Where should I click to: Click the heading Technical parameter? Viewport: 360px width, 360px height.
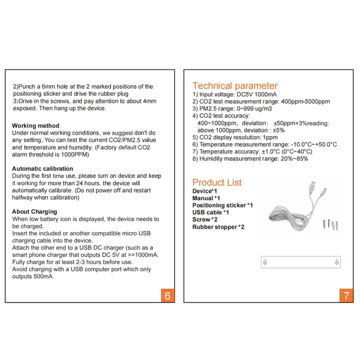coord(235,85)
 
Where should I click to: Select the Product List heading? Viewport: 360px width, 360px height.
coord(217,182)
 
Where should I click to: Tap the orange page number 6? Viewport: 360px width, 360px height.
coord(167,296)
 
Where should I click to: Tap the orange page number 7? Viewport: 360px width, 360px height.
coord(346,296)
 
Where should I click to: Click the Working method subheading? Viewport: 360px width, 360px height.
coord(36,126)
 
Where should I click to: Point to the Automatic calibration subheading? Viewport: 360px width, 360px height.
coord(42,169)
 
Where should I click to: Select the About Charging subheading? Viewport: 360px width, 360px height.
coord(35,211)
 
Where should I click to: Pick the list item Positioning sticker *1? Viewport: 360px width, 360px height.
coord(222,205)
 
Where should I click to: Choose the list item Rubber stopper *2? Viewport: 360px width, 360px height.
coord(218,227)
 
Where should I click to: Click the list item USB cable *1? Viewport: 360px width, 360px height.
coord(211,212)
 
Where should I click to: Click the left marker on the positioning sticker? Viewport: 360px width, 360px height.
coord(265,261)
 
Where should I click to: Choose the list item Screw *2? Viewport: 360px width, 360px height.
coord(205,220)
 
